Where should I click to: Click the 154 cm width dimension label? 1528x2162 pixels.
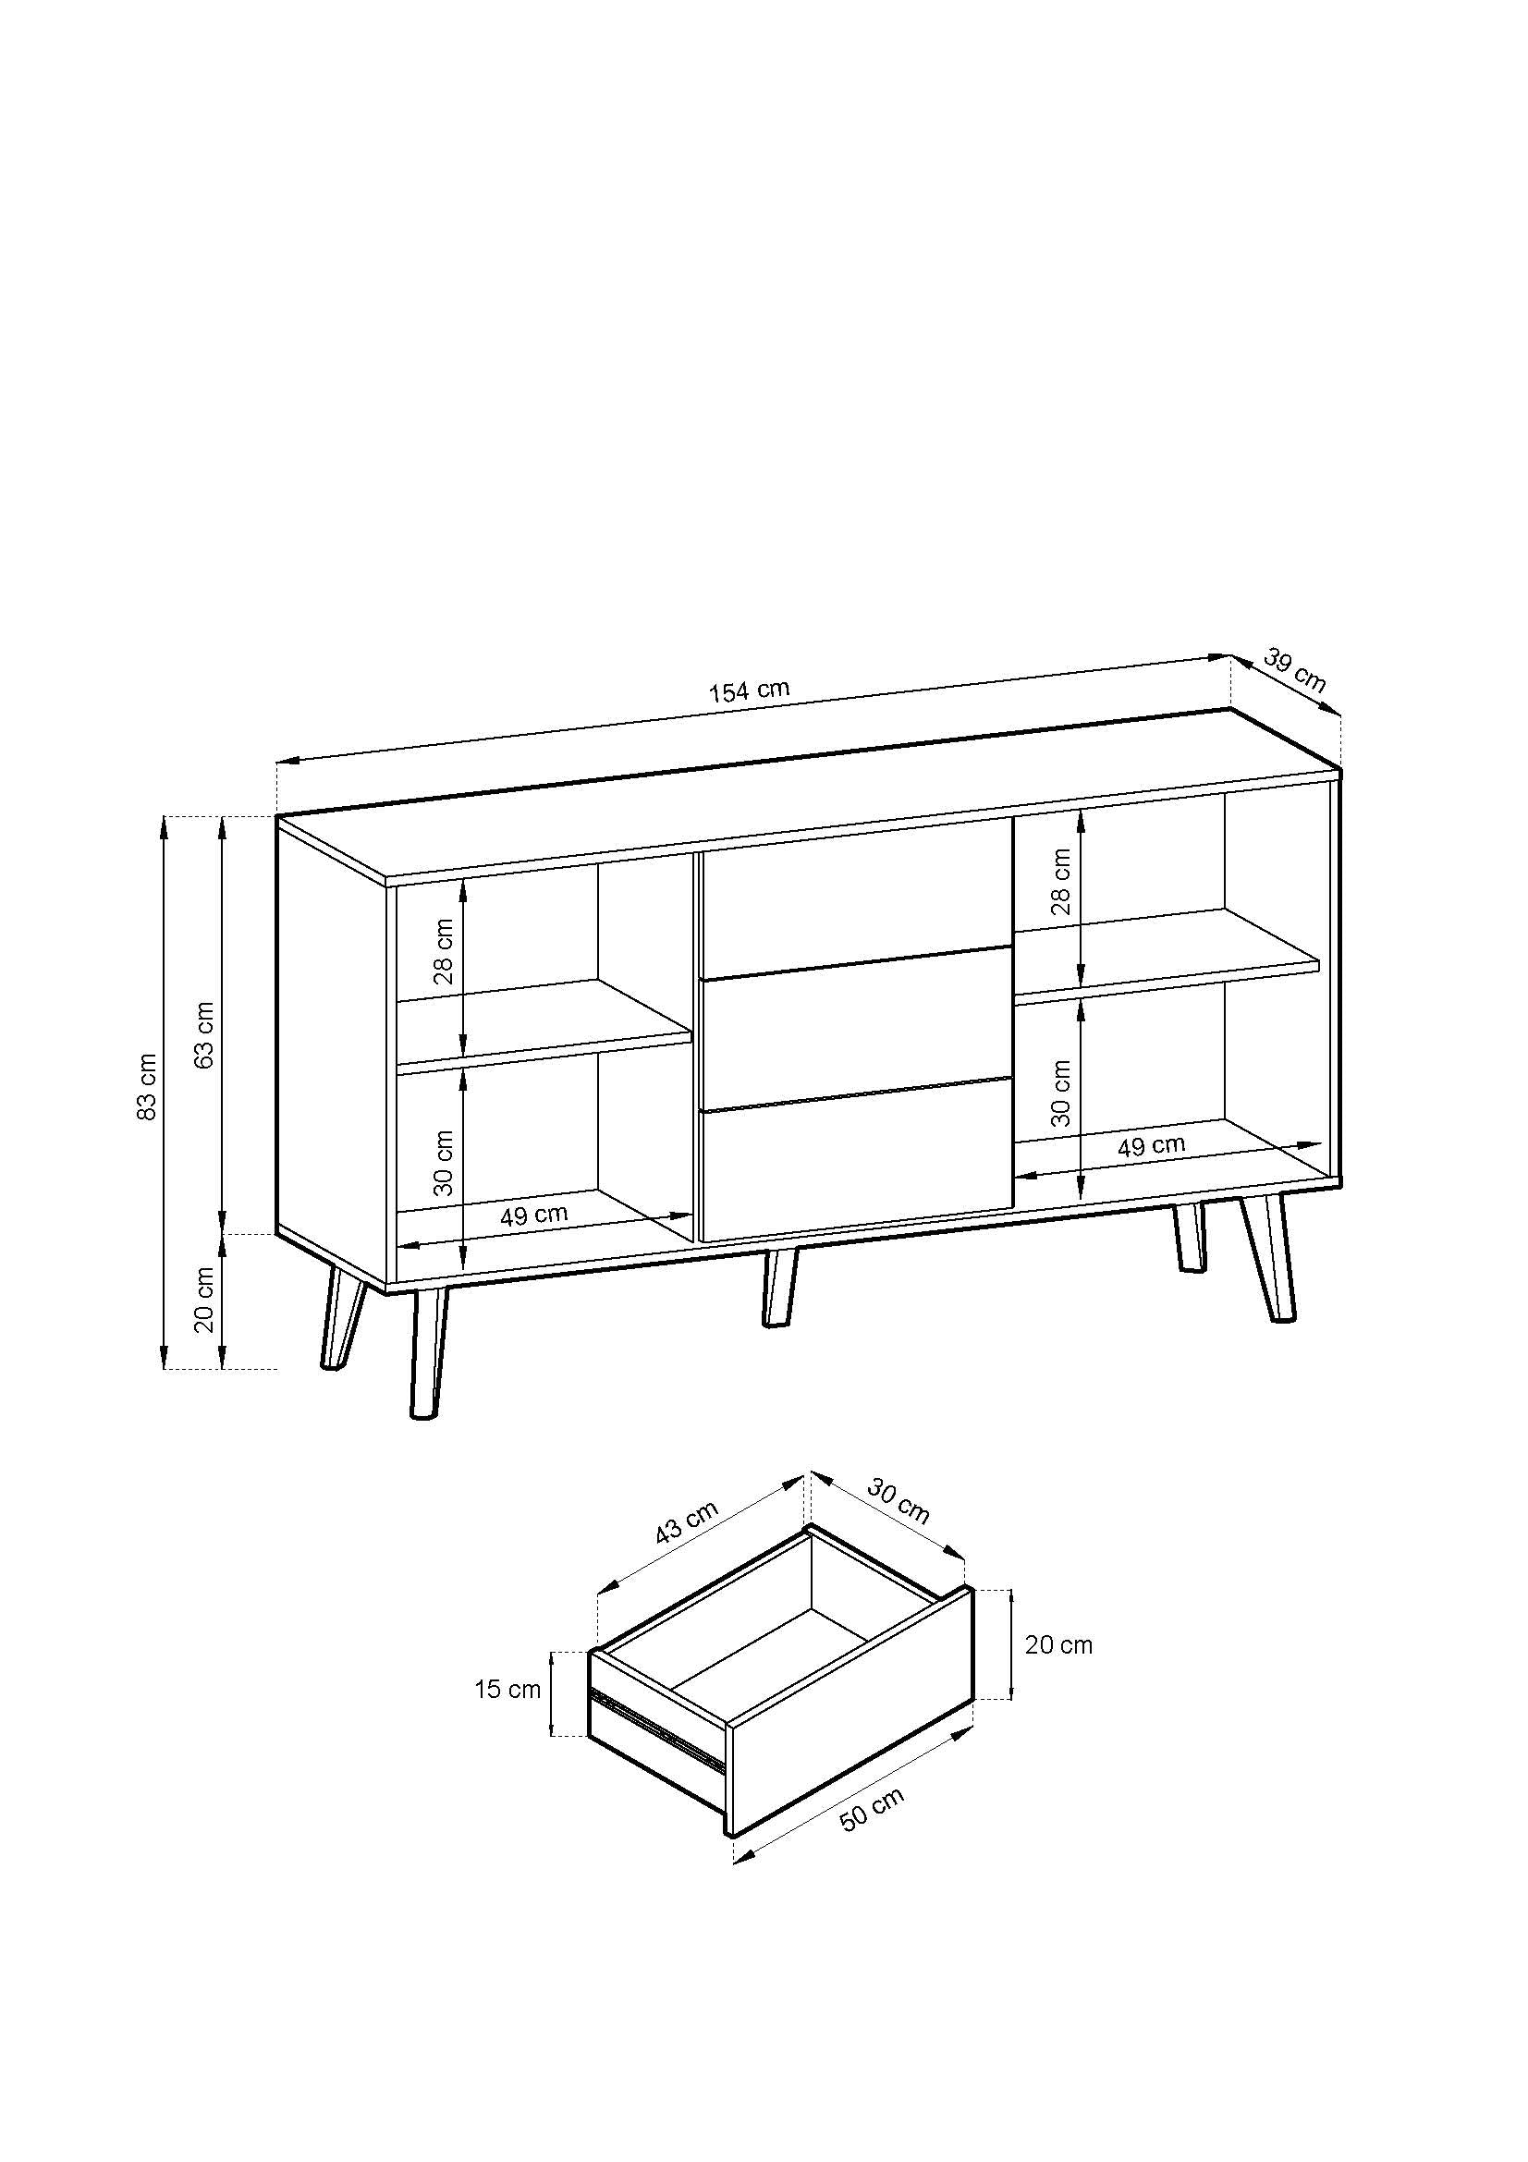tap(749, 690)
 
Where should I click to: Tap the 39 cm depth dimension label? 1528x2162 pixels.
tap(1293, 670)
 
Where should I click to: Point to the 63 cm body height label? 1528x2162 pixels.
tap(205, 1034)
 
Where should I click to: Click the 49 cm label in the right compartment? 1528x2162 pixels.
tap(1151, 1146)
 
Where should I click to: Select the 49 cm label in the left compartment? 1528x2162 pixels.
tap(533, 1215)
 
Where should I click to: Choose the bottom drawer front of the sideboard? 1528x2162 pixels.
tap(855, 1163)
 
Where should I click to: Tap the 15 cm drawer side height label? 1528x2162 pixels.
tap(507, 1690)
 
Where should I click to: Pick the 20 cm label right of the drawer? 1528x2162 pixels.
tap(1058, 1645)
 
